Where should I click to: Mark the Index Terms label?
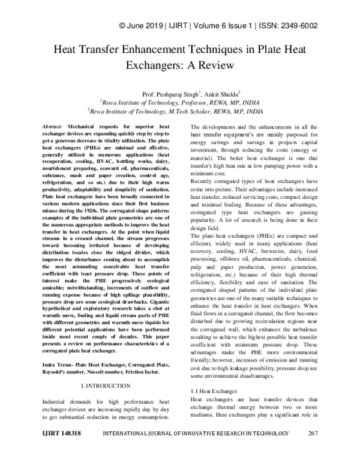[x=57, y=348]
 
